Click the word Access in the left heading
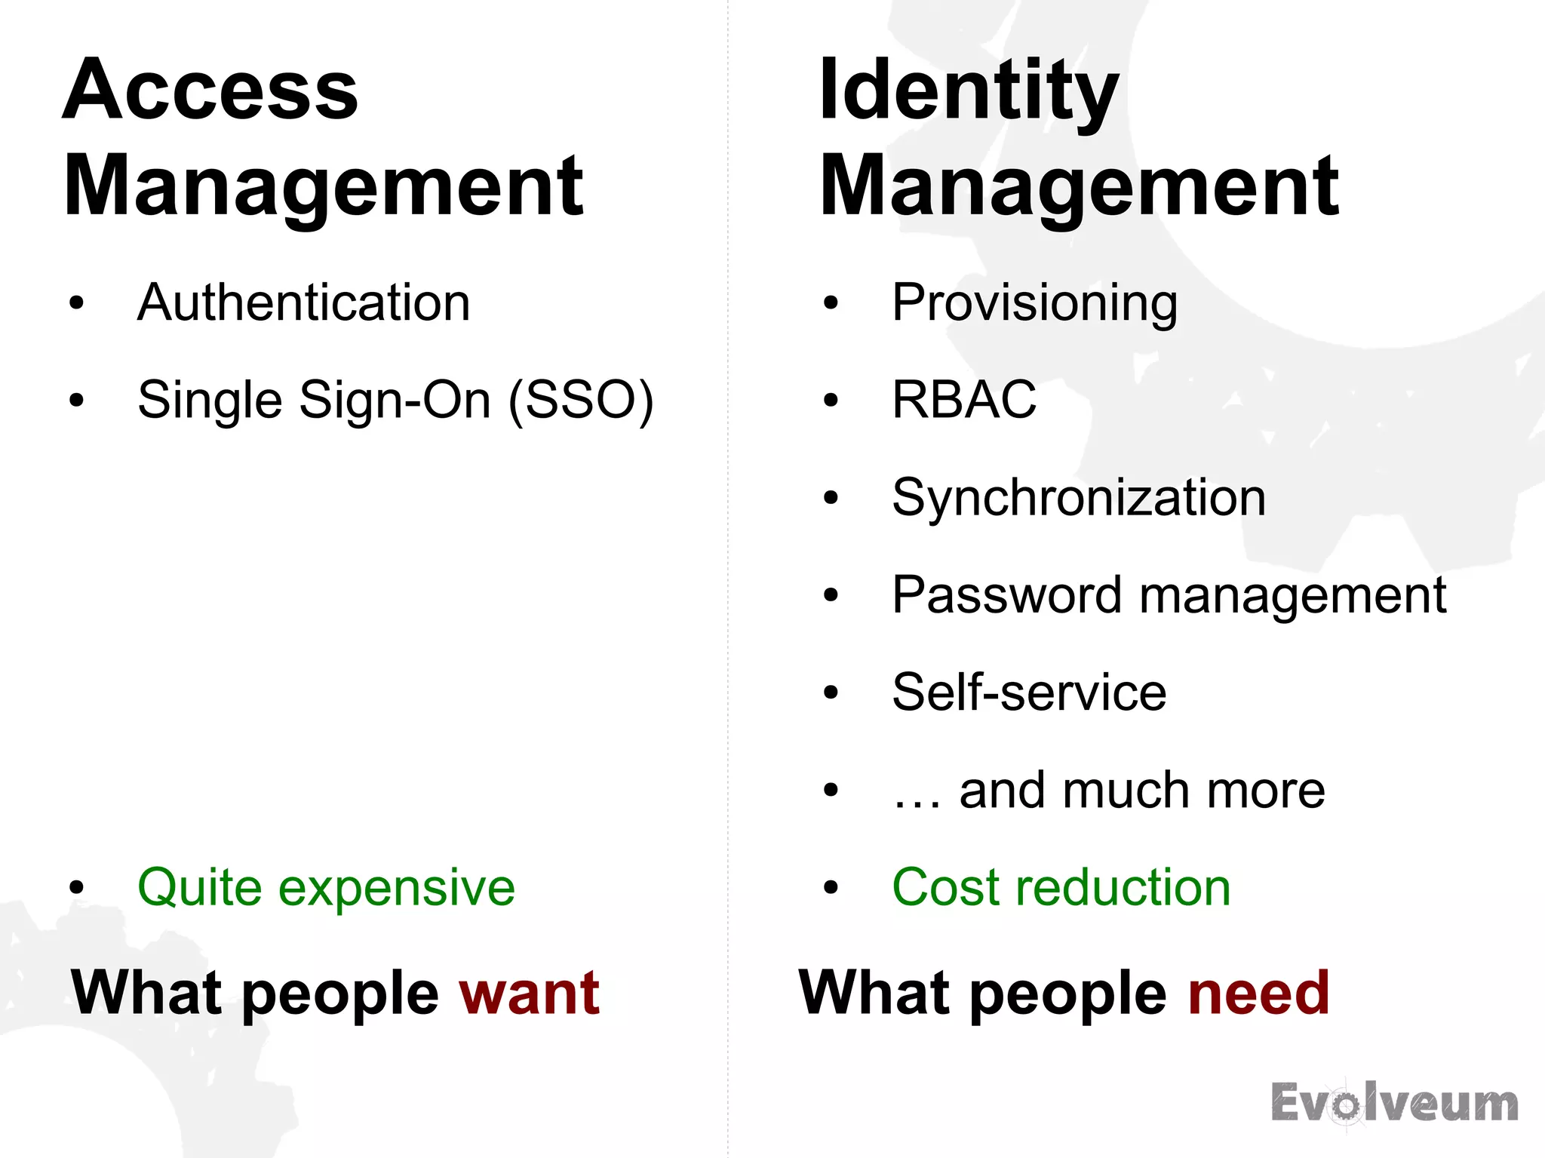[x=210, y=91]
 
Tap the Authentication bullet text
[x=303, y=303]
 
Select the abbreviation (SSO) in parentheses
[x=581, y=400]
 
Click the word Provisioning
[x=1034, y=303]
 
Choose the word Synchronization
[x=1079, y=498]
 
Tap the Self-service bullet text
[x=1029, y=693]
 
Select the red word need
[x=1258, y=994]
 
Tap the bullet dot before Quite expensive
[x=76, y=888]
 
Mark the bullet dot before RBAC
[x=831, y=400]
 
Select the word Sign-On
[x=395, y=400]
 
